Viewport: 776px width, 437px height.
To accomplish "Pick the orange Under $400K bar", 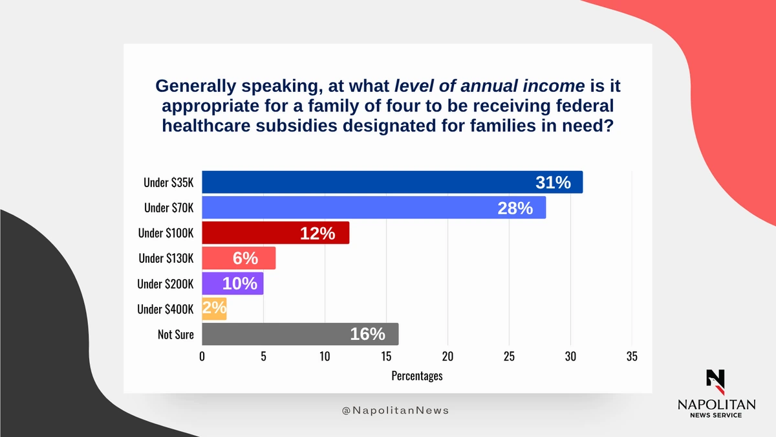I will coord(215,309).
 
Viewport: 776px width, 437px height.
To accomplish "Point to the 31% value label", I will coord(553,183).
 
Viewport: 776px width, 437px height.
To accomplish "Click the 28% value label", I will coord(515,208).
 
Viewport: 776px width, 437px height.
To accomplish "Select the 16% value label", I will coord(367,334).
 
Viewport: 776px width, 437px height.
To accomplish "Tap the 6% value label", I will coord(245,258).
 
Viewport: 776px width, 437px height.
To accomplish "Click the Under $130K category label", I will coord(166,258).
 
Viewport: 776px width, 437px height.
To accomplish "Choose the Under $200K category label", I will coord(165,284).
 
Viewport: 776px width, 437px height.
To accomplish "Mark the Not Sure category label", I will coord(175,335).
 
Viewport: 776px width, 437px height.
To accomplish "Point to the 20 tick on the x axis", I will coord(447,357).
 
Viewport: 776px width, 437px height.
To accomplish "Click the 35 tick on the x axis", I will coord(632,357).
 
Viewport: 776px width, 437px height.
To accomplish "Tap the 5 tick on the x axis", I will coord(263,357).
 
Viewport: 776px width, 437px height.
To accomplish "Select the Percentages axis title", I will coord(417,375).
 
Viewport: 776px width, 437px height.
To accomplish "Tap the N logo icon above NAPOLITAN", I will coord(716,381).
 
